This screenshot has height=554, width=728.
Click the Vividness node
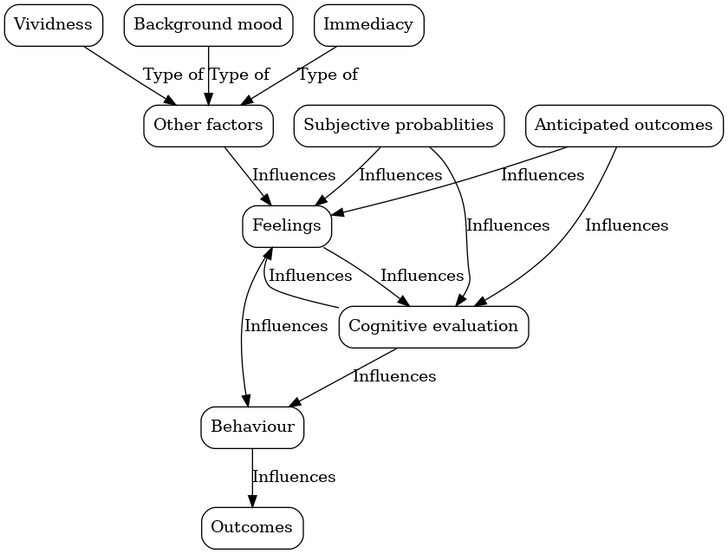coord(54,25)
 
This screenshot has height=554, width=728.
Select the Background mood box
coord(208,25)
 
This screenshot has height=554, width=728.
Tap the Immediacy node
coord(368,25)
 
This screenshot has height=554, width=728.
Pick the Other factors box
coord(208,126)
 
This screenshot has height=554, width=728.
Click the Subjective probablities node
coord(399,126)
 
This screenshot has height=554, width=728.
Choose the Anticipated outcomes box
coord(623,126)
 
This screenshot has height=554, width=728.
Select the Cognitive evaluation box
coord(433,327)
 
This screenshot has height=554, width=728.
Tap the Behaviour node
coord(252,427)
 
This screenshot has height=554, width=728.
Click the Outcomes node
coord(252,528)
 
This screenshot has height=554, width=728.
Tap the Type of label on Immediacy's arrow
coord(328,75)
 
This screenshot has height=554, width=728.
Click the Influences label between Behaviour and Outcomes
coord(294,477)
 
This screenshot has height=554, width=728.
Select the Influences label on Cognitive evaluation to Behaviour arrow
coord(394,376)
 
